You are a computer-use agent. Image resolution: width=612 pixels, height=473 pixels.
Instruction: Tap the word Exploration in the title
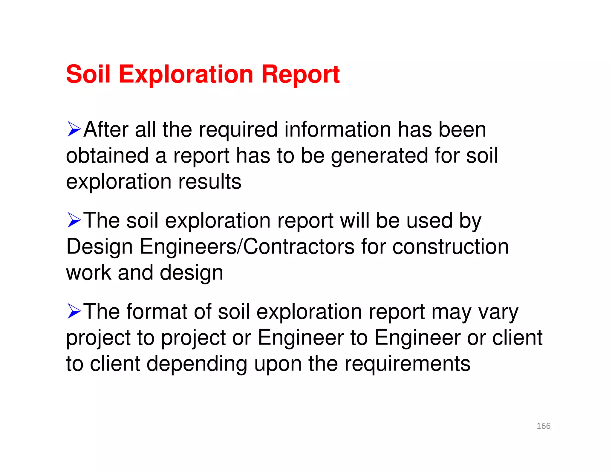(x=186, y=74)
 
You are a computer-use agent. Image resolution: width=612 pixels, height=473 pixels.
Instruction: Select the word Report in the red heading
(x=300, y=74)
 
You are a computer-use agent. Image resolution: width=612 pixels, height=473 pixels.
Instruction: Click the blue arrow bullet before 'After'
(x=74, y=129)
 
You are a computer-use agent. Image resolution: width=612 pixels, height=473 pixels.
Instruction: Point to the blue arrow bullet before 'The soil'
(x=74, y=220)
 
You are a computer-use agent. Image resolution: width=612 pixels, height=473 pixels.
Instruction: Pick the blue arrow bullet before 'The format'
(x=74, y=311)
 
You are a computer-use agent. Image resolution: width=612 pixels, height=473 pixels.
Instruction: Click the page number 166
(x=543, y=426)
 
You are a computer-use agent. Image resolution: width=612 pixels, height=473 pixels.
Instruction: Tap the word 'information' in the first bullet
(x=337, y=130)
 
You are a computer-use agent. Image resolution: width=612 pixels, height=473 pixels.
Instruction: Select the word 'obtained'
(x=107, y=156)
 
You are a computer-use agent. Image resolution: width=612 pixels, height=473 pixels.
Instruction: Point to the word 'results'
(x=210, y=182)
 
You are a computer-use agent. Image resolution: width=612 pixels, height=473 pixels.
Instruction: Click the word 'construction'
(x=450, y=247)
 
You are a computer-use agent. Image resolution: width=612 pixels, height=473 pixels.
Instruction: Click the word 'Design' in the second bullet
(x=100, y=247)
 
